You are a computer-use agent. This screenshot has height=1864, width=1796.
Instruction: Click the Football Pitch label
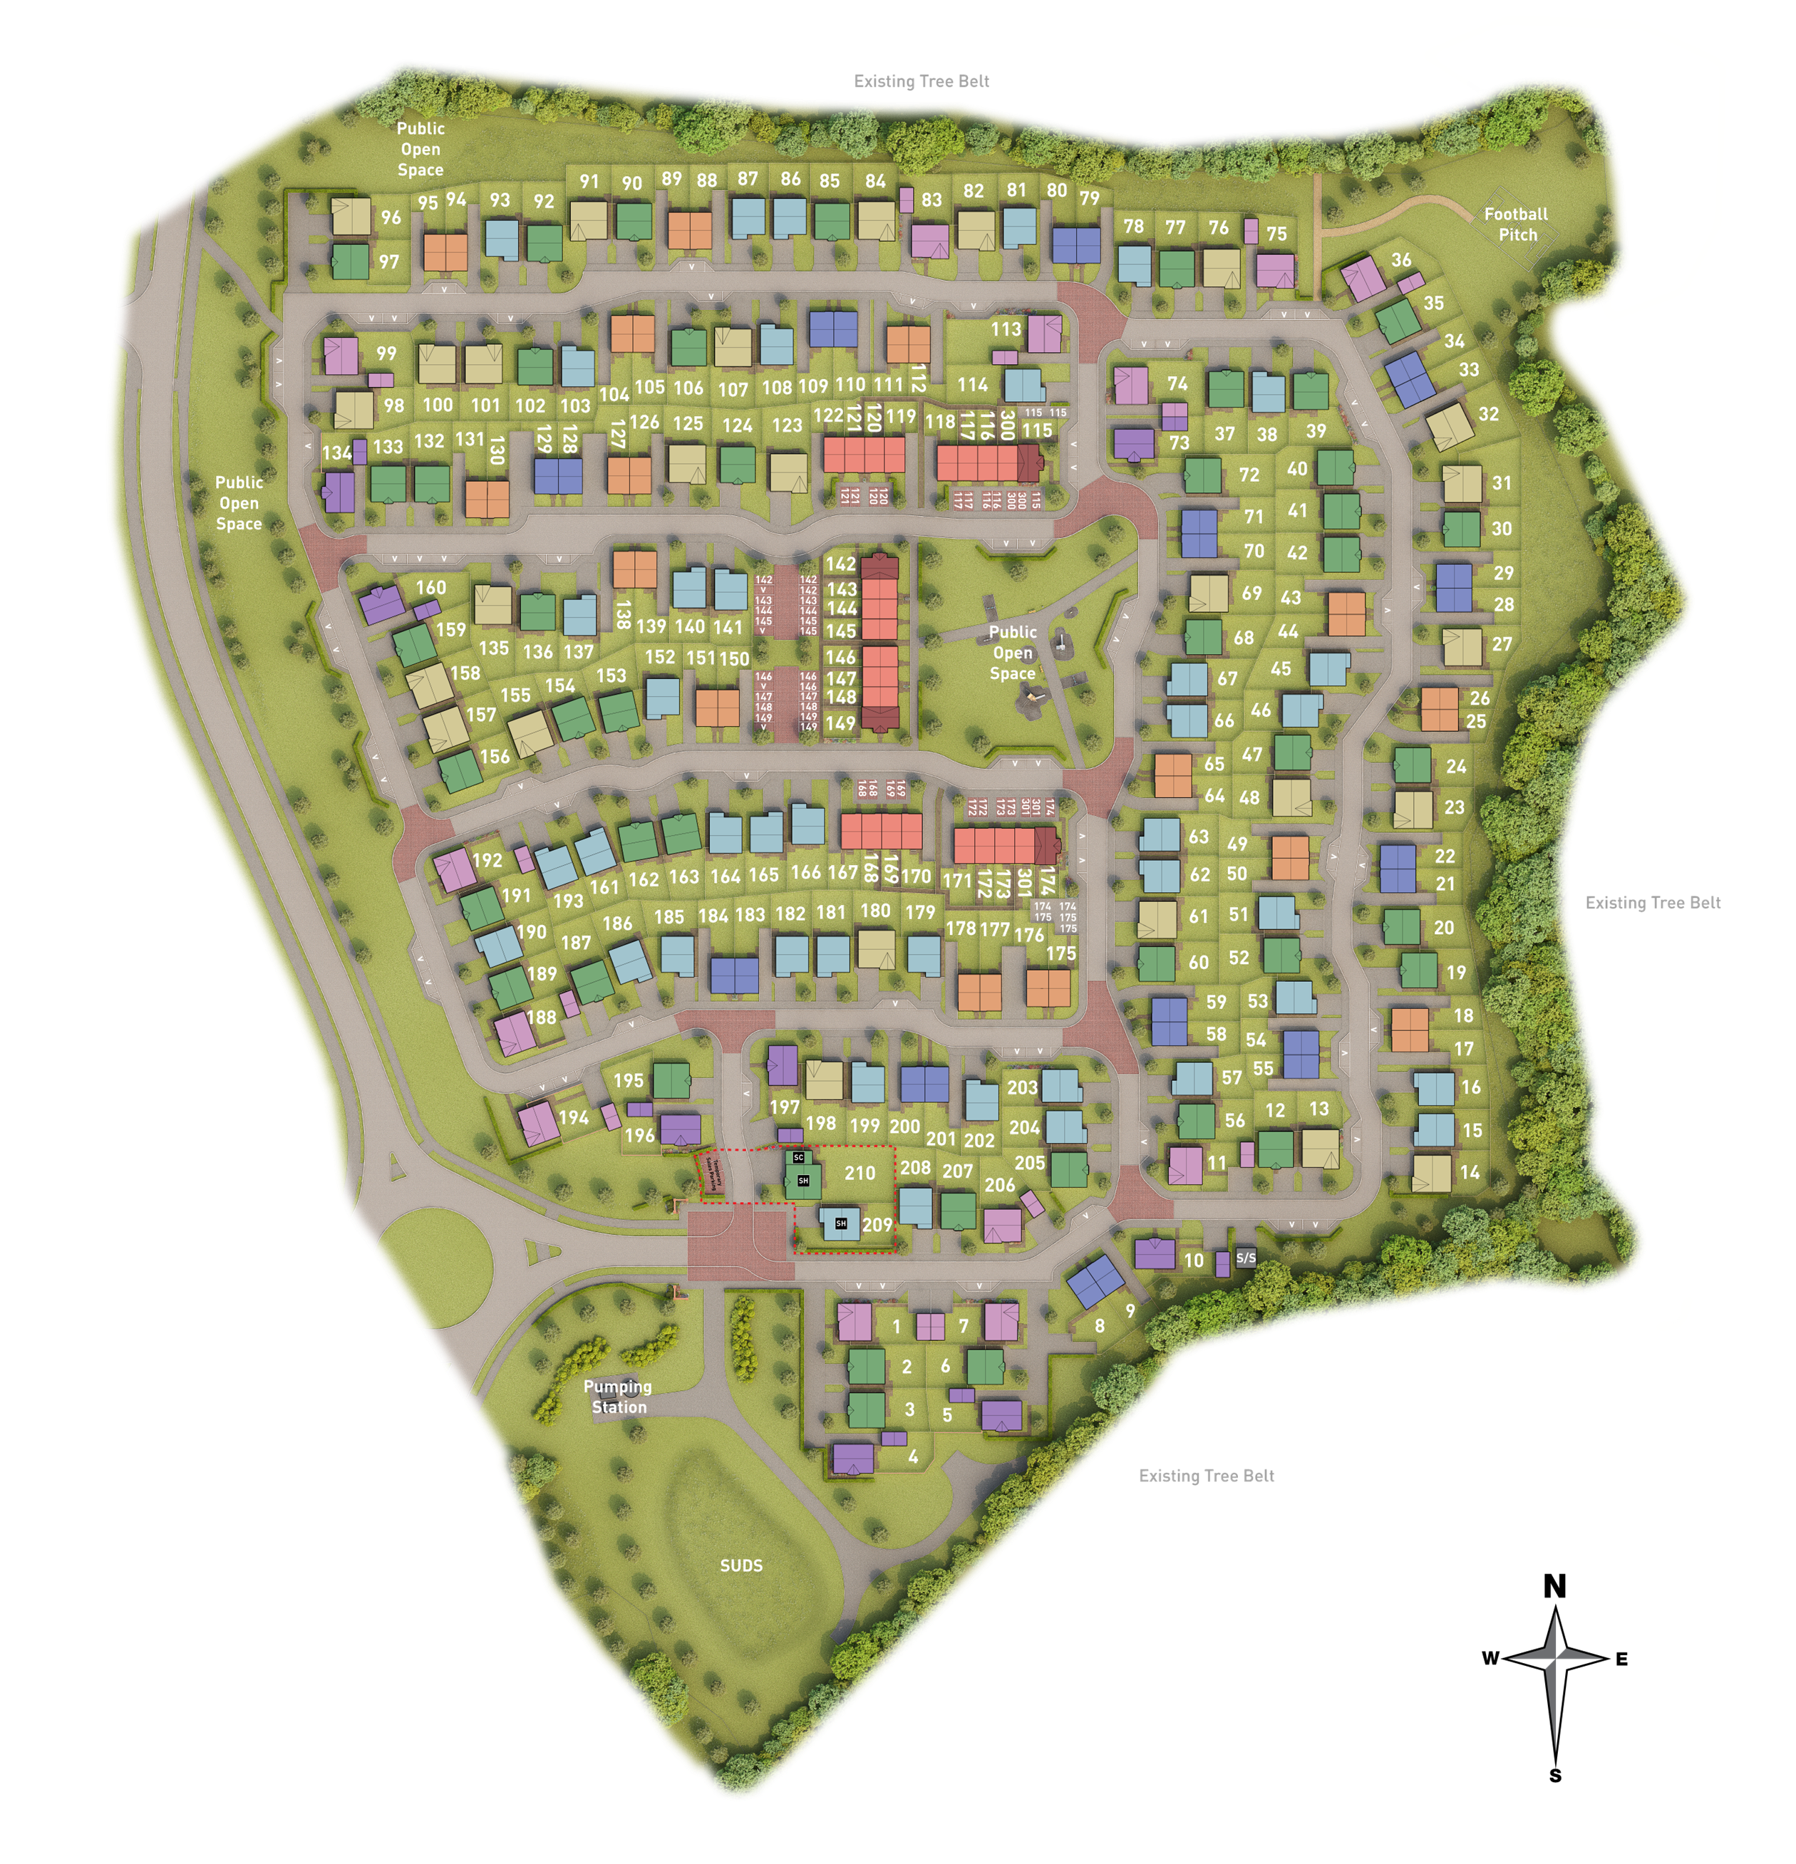click(1517, 224)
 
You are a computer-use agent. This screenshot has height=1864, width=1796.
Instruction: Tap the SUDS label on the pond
click(741, 1565)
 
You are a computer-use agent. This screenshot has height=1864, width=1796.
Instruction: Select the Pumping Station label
click(619, 1397)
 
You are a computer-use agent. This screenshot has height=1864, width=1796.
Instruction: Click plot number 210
click(859, 1174)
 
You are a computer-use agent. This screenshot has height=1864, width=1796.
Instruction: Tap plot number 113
click(1006, 329)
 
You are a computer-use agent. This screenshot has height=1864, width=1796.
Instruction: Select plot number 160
click(431, 588)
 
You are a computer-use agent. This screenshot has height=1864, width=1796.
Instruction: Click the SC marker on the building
click(798, 1157)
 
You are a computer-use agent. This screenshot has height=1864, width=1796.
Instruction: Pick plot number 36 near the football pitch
click(1400, 259)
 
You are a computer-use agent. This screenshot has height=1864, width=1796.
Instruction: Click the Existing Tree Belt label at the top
click(921, 82)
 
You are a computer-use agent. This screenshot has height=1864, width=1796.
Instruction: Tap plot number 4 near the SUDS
click(913, 1456)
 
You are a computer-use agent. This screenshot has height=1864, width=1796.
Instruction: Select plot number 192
click(487, 861)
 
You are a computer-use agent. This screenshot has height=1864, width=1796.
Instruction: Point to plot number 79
click(1089, 198)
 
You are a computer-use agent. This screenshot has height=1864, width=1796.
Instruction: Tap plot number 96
click(391, 217)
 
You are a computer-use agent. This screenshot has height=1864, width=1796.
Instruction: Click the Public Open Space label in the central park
click(1012, 653)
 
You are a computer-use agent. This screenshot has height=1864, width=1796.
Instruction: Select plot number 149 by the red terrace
click(840, 723)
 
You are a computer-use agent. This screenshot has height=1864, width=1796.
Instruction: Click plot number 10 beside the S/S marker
click(1194, 1260)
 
